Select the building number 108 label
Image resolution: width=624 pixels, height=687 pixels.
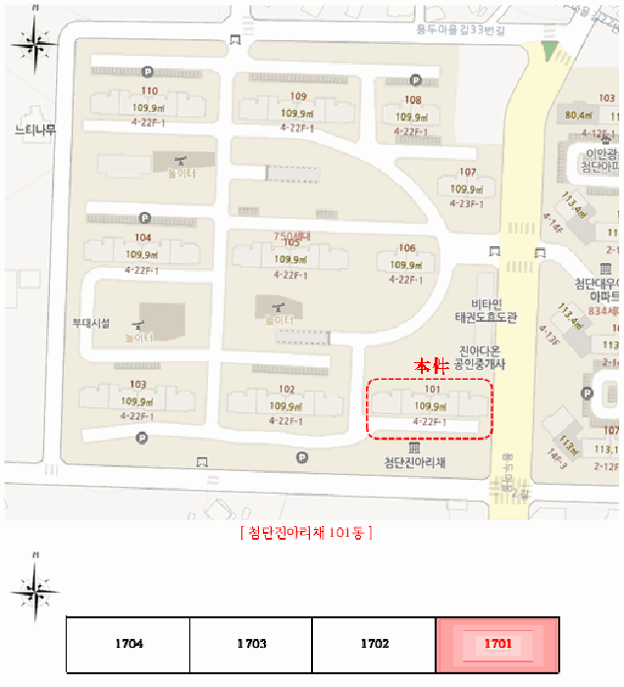tap(413, 100)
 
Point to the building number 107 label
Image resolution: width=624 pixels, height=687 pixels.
tap(467, 173)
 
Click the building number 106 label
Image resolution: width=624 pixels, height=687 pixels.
tap(407, 248)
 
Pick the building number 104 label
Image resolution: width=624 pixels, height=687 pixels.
tap(143, 238)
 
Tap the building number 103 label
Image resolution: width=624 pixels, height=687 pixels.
tap(138, 385)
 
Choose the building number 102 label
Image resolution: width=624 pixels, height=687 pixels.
tap(286, 389)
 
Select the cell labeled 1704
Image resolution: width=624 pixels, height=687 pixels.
tap(128, 645)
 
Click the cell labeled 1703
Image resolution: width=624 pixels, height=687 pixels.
tap(250, 645)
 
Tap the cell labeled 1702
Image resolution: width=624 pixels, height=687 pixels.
tap(374, 645)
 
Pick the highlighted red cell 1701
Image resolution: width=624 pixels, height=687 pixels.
tap(497, 645)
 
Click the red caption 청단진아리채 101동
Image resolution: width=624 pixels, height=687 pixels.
tap(305, 533)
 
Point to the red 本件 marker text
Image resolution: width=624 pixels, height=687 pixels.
tap(432, 366)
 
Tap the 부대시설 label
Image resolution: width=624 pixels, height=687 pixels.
tap(91, 323)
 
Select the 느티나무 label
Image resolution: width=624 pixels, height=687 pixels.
tap(36, 129)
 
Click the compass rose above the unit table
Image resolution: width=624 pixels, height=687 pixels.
tap(36, 590)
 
